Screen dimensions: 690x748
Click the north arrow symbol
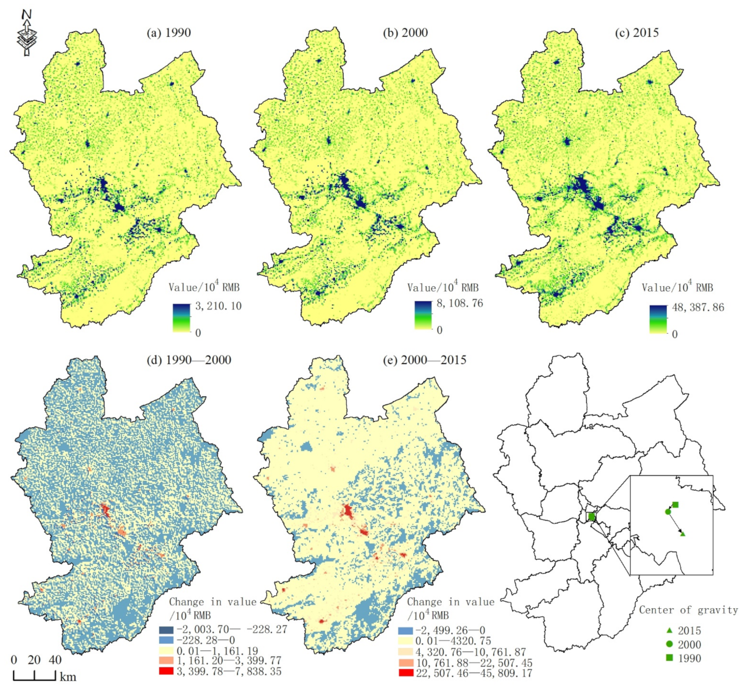click(x=26, y=33)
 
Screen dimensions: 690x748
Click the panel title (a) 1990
click(x=168, y=33)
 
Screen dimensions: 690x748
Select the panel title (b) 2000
click(x=405, y=33)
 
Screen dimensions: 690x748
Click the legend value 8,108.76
click(x=460, y=304)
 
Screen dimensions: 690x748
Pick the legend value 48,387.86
click(x=698, y=307)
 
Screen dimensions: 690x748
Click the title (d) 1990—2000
click(x=188, y=360)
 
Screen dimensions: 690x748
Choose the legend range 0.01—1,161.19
click(x=220, y=651)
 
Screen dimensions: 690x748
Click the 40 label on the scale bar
click(x=55, y=660)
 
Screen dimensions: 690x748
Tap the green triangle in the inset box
click(x=683, y=534)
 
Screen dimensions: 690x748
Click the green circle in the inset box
click(x=668, y=512)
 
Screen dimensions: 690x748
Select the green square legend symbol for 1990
click(x=669, y=658)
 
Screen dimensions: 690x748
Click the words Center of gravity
click(x=688, y=610)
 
